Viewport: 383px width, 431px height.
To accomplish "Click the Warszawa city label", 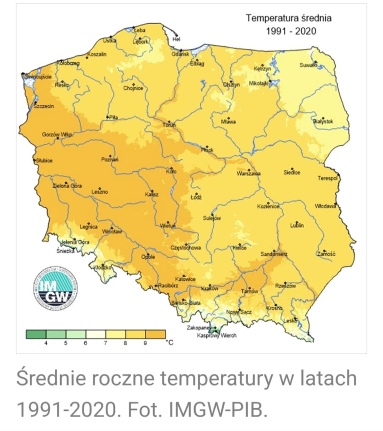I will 249,173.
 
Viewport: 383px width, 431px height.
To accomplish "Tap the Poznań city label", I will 110,160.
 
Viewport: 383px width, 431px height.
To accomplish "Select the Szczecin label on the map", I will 44,106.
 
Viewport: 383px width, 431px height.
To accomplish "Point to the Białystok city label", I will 323,121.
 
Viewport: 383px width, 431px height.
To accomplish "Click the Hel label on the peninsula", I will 176,39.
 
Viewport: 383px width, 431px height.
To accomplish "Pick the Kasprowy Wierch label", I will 216,335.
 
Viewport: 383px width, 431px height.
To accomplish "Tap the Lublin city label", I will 297,225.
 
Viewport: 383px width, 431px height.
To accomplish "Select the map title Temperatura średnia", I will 289,18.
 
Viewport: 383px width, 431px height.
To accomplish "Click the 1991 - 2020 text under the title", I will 291,31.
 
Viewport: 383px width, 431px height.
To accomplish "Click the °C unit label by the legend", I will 170,342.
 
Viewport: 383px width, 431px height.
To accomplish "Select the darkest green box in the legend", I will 36,334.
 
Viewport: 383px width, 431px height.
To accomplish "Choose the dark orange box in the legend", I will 155,334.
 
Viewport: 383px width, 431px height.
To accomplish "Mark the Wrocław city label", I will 112,232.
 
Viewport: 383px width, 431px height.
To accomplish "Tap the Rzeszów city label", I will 285,286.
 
